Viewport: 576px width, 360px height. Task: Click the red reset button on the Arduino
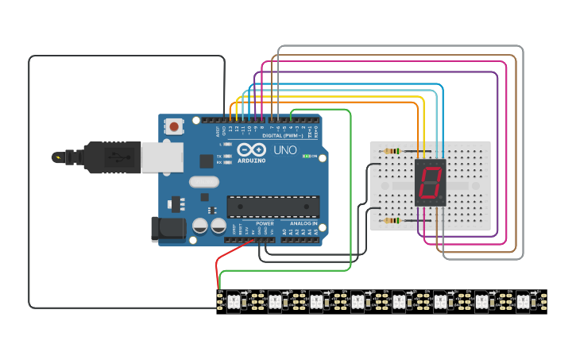[x=174, y=126]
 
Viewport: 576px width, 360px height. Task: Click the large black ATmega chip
[x=273, y=207]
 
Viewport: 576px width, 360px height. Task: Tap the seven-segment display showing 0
[x=430, y=182]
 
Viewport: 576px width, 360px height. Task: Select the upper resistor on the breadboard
[x=392, y=151]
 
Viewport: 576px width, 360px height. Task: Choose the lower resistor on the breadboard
[x=392, y=220]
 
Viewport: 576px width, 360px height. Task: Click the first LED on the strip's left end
[x=234, y=301]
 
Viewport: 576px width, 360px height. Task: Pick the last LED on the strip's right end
[x=523, y=301]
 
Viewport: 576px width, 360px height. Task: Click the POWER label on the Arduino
[x=265, y=224]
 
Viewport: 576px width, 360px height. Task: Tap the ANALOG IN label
[x=303, y=224]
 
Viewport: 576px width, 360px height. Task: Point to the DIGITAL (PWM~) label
[x=280, y=136]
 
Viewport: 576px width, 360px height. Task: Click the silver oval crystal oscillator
[x=204, y=182]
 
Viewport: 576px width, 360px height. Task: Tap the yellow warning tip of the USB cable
[x=58, y=157]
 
